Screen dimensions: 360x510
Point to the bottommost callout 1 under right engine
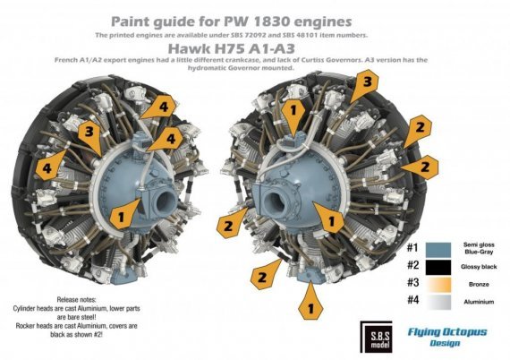310,306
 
